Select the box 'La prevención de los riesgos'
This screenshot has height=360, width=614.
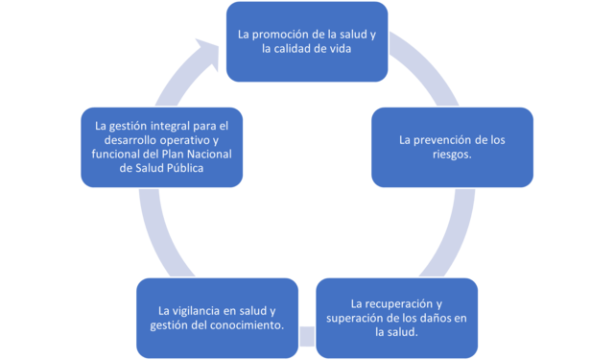click(x=451, y=146)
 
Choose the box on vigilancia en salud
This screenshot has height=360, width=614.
click(x=217, y=318)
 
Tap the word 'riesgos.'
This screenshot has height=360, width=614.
click(x=451, y=154)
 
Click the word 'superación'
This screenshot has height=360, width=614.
click(x=356, y=318)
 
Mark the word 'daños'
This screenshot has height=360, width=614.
click(x=433, y=318)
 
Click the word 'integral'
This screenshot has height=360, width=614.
click(x=169, y=125)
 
